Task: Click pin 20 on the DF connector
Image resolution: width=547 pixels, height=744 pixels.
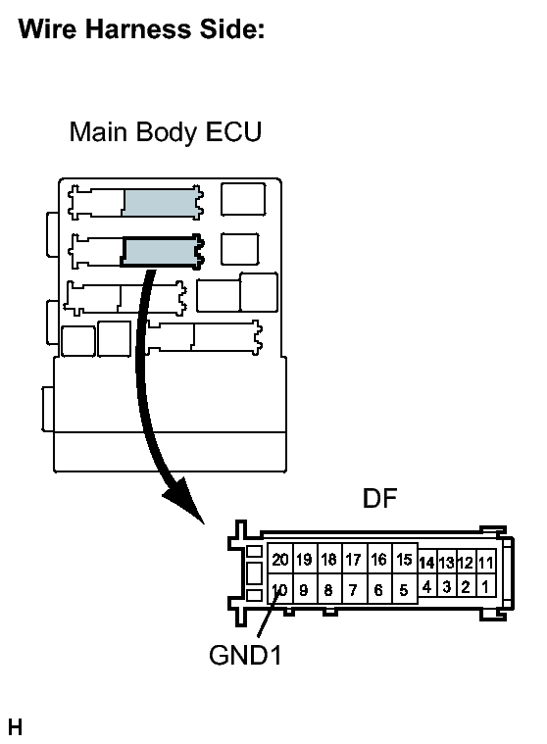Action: click(x=280, y=560)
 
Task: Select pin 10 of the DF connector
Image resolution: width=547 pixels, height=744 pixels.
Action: click(x=280, y=589)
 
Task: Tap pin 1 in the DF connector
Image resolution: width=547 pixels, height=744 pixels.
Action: click(x=485, y=587)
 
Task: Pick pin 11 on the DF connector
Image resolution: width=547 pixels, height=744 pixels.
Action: click(x=486, y=563)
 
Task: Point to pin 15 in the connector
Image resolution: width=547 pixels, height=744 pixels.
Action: click(x=404, y=560)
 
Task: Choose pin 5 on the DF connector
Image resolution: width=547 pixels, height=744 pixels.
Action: click(x=404, y=589)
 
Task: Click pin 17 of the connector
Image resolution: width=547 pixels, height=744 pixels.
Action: click(x=354, y=560)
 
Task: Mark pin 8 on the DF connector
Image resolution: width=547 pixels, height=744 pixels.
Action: click(x=328, y=589)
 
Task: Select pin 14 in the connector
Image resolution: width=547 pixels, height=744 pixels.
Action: click(x=426, y=563)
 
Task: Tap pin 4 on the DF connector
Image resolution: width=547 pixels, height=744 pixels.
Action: click(x=427, y=587)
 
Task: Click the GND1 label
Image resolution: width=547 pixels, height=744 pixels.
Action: click(x=245, y=655)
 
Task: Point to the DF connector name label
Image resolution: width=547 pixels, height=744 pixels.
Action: click(x=379, y=498)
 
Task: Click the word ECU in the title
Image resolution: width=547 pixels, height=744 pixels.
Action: click(x=234, y=132)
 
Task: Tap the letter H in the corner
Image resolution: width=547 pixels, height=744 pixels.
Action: click(x=15, y=727)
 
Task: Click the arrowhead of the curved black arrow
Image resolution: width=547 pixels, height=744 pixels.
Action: click(x=186, y=502)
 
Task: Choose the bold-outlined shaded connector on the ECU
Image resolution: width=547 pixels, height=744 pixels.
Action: click(x=162, y=252)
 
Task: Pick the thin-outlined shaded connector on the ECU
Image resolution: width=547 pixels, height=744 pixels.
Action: click(x=163, y=203)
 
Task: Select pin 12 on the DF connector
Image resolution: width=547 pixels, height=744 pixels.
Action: click(x=466, y=563)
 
